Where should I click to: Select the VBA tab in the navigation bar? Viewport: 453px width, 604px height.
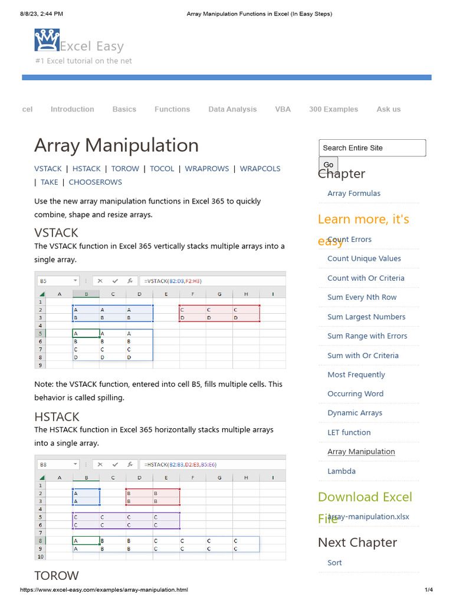pos(283,109)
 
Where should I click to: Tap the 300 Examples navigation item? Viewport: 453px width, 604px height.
pos(333,109)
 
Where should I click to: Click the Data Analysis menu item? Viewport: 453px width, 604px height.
pos(232,109)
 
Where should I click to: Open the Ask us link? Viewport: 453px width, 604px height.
pos(388,109)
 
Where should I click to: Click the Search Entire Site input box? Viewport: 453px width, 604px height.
pos(372,148)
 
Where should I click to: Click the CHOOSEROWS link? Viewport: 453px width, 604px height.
pos(95,182)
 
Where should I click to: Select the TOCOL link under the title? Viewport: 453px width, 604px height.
pos(162,169)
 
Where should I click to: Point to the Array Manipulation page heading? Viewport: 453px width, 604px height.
pos(116,145)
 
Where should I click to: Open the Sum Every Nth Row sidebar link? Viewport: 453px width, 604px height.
pos(362,297)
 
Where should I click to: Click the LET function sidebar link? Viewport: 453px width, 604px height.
pos(349,432)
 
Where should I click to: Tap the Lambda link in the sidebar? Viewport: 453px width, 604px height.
pos(341,471)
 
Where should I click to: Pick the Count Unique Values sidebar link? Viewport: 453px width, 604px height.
pos(364,258)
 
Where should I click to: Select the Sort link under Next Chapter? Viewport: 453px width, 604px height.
pos(334,563)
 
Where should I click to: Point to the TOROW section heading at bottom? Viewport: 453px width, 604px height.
pos(56,575)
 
